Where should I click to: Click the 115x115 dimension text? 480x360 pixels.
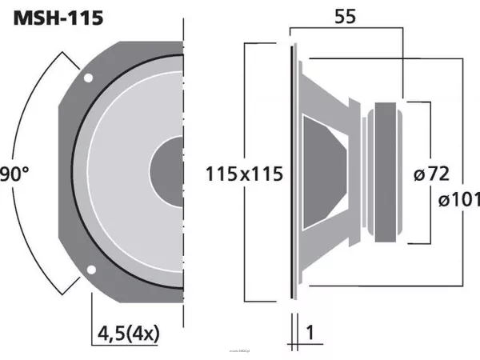tap(245, 174)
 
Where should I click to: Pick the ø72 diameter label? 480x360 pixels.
tap(433, 173)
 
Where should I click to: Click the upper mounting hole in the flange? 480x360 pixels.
tap(88, 78)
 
